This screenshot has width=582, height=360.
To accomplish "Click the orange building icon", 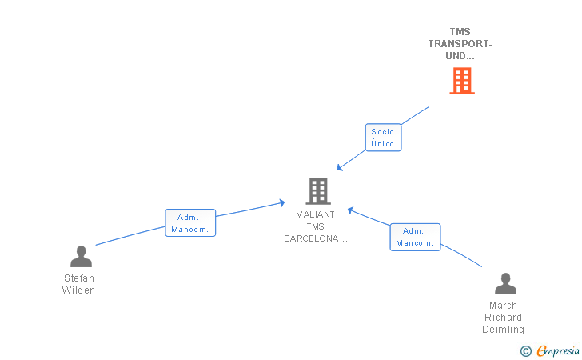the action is coord(462,81).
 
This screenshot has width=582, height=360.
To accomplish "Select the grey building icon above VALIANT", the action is coord(318,191).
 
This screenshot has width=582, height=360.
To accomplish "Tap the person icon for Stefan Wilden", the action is coord(81,256).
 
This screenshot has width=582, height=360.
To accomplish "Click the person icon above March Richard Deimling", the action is coord(505,283).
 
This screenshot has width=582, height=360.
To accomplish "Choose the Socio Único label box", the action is coord(383,138).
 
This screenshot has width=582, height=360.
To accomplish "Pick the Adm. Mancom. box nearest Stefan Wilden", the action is coord(190,223).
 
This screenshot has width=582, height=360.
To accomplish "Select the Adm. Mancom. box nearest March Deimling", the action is coord(415,237).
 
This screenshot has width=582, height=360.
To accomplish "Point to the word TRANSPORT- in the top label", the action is coord(460,44).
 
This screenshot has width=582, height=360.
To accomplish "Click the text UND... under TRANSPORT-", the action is coord(460,56).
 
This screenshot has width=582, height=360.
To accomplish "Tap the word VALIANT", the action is coord(315,214).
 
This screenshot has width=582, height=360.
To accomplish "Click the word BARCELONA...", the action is coord(311,238).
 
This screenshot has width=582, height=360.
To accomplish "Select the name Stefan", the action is coord(79,278).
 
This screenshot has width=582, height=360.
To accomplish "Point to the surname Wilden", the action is coord(78,290).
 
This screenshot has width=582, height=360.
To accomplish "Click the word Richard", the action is coord(504,318).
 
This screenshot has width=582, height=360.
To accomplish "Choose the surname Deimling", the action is coord(504,330).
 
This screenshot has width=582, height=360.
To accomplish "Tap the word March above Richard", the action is coord(504,306).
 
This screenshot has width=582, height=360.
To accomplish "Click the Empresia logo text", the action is coord(558,350).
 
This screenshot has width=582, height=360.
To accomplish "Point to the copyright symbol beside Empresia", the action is coord(526,351).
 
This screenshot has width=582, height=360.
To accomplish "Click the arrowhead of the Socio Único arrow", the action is coord(339,168).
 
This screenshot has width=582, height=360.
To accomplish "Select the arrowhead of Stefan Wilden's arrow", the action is coord(282,203).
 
